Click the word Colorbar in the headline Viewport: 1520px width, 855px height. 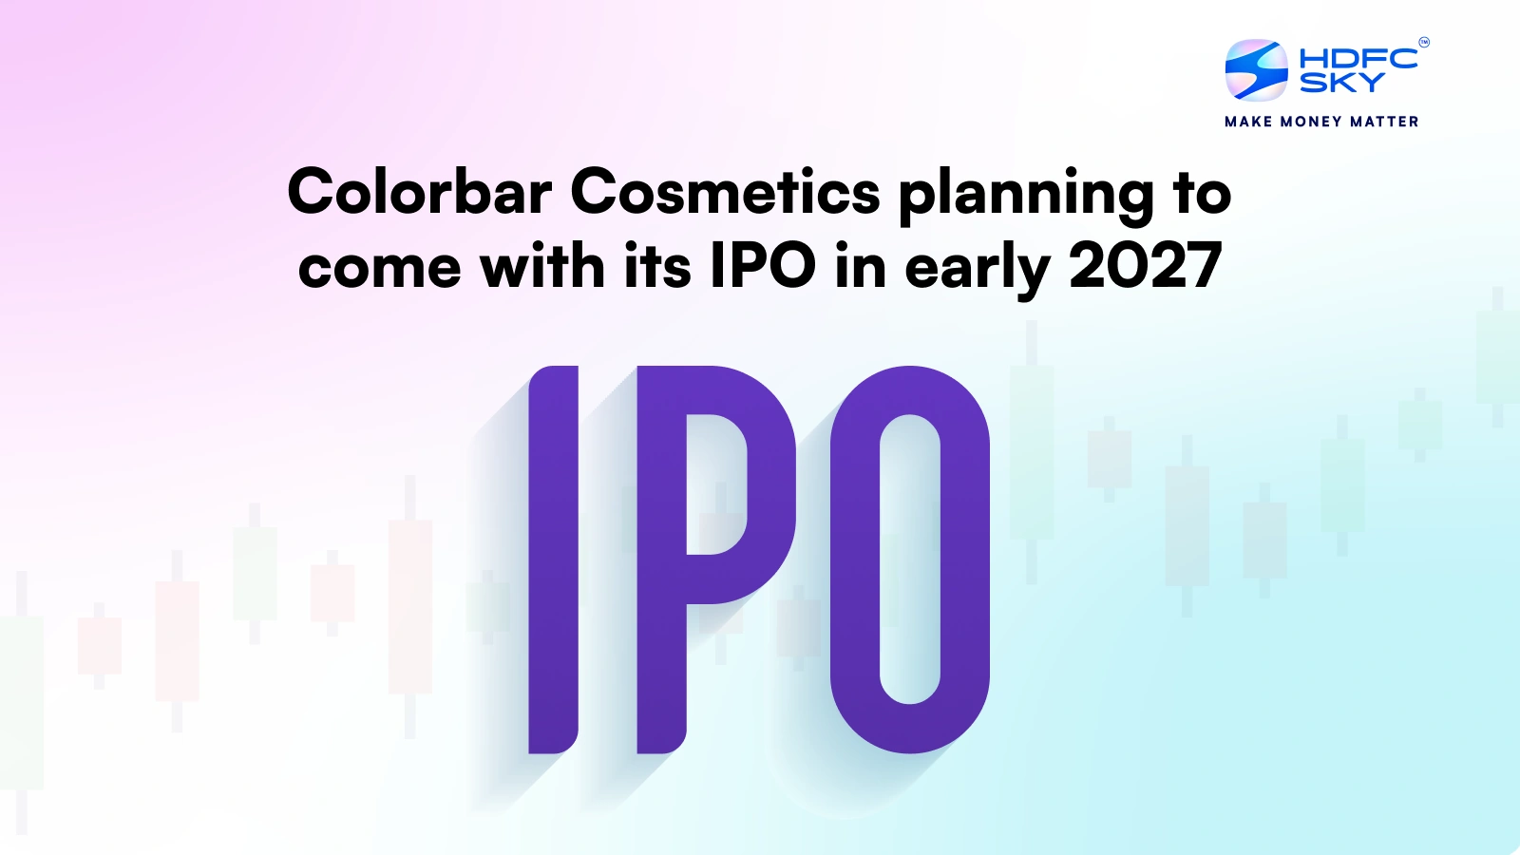[419, 192]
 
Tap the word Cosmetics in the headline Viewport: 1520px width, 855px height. [725, 192]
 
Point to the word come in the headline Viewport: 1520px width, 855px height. [379, 267]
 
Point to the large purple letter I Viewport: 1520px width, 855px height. [553, 560]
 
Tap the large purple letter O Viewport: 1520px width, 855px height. [909, 560]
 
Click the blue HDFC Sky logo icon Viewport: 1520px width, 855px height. [1256, 69]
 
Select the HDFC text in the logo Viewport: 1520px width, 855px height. [1358, 58]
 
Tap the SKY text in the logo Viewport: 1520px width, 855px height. [1341, 83]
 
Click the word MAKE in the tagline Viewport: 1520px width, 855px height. [1248, 122]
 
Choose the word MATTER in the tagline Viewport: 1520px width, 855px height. [1384, 122]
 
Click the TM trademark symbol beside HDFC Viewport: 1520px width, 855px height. [1423, 42]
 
